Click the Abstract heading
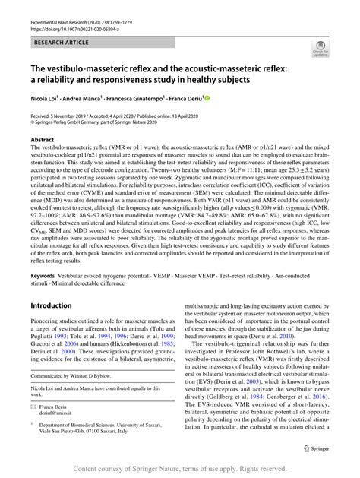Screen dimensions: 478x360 (43, 140)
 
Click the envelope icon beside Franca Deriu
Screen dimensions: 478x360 (34, 407)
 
